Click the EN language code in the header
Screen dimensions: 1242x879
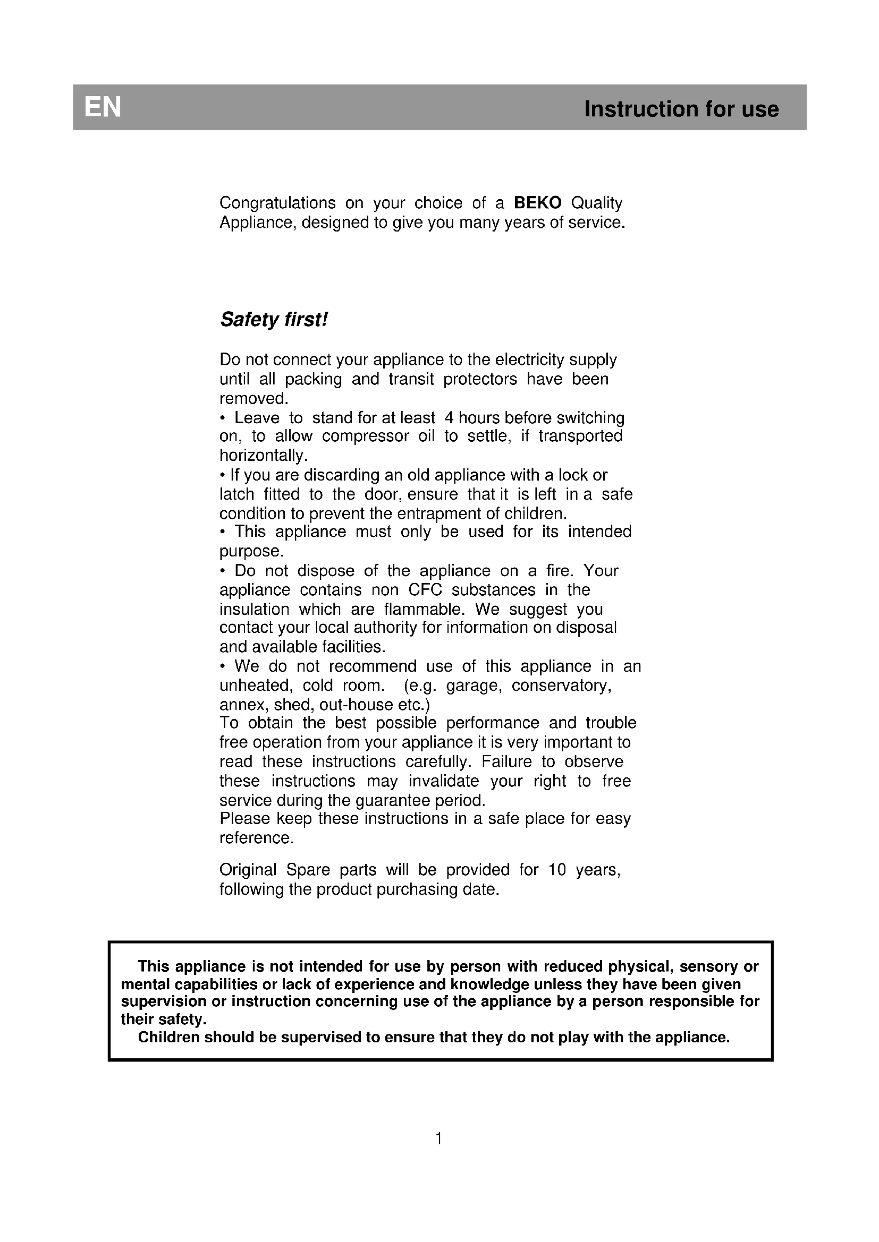(103, 108)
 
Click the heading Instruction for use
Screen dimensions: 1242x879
(681, 109)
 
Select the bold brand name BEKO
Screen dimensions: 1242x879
(537, 203)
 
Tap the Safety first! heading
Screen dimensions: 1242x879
(274, 320)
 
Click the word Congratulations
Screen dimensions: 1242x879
(277, 203)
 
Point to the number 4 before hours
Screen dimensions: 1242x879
(449, 417)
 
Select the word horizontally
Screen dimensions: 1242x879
(263, 456)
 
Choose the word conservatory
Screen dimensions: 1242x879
(561, 686)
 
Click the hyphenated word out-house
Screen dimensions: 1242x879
(354, 704)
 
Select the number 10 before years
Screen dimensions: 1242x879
(557, 870)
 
